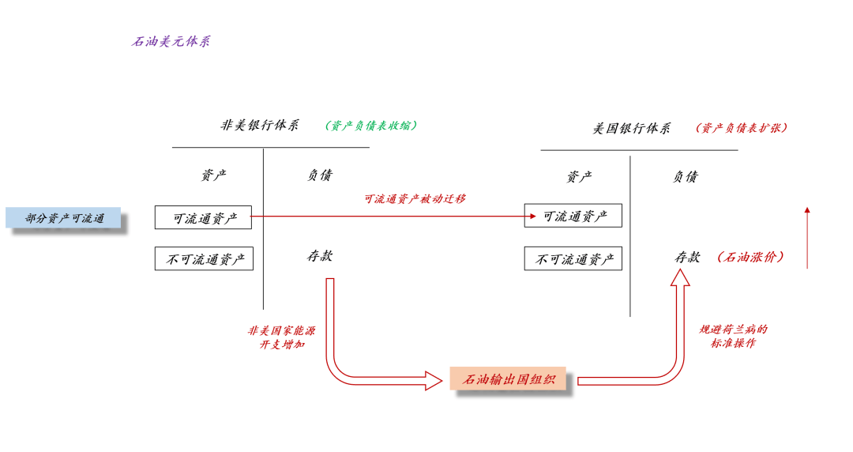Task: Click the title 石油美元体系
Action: [x=171, y=42]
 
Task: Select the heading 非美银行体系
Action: [x=260, y=126]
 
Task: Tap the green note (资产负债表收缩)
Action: [x=371, y=126]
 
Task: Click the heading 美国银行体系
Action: [x=632, y=128]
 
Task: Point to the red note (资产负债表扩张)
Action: [x=742, y=128]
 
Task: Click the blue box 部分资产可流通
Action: [x=64, y=218]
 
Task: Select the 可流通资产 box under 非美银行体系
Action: [x=203, y=218]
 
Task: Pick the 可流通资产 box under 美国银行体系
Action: [x=573, y=216]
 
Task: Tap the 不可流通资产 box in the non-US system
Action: [x=204, y=258]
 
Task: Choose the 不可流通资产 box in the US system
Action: [x=573, y=258]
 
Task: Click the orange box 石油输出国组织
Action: [x=508, y=379]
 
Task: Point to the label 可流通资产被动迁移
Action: [x=415, y=199]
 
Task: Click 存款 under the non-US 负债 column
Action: [x=320, y=256]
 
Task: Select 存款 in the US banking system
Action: [x=686, y=257]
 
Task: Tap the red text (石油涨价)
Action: [x=750, y=257]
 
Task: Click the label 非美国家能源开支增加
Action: [x=282, y=337]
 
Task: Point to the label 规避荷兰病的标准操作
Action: [x=733, y=337]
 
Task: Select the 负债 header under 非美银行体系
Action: [x=320, y=175]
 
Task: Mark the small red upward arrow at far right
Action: [x=807, y=237]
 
